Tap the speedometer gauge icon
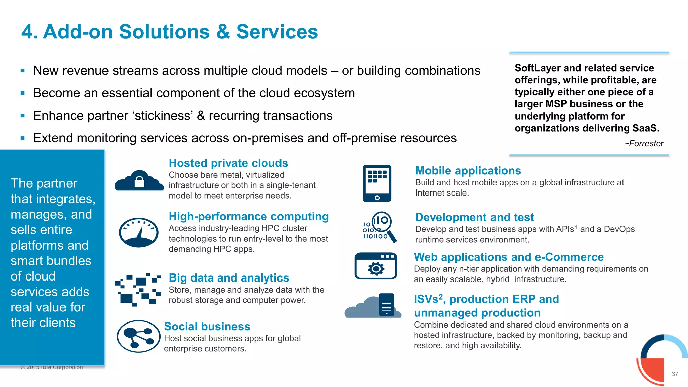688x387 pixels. [138, 232]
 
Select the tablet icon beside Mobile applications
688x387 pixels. [377, 183]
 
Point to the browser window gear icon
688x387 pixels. [376, 266]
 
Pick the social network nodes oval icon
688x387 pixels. [138, 336]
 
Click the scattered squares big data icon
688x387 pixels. [138, 290]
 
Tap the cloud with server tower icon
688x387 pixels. [373, 306]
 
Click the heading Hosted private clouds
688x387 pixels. [228, 163]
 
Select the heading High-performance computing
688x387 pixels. [249, 216]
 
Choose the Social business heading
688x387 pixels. [207, 326]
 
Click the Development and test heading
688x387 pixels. [474, 217]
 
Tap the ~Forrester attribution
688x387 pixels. [644, 144]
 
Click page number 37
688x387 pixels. [675, 374]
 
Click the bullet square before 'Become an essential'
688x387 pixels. [23, 93]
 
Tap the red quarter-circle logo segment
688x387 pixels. [653, 370]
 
